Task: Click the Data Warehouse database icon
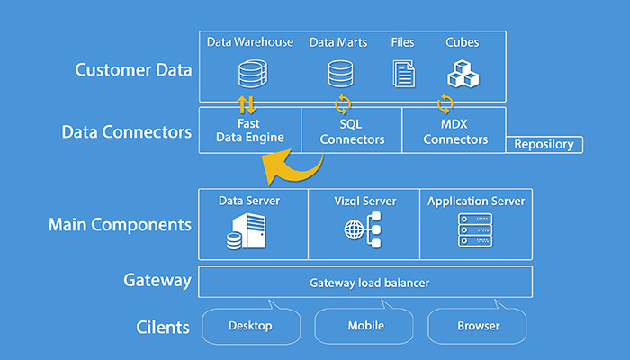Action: pos(253,74)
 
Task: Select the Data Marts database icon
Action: pos(341,74)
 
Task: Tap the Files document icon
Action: pos(404,74)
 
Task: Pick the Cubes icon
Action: pos(463,74)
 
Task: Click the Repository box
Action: pos(544,144)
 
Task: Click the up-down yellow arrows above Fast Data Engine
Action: pos(247,104)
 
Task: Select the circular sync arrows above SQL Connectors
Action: pos(343,104)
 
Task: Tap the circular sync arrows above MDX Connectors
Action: pos(445,103)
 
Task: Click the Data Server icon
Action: pos(246,231)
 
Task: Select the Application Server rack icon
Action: pos(475,230)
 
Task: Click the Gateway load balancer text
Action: pos(369,283)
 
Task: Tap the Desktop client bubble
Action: pos(251,326)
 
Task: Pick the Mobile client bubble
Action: pos(364,326)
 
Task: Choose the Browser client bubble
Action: pos(477,326)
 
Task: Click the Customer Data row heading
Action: pos(133,70)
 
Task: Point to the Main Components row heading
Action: pos(120,225)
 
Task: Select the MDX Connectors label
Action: pos(455,131)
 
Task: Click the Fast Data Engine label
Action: pos(250,130)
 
